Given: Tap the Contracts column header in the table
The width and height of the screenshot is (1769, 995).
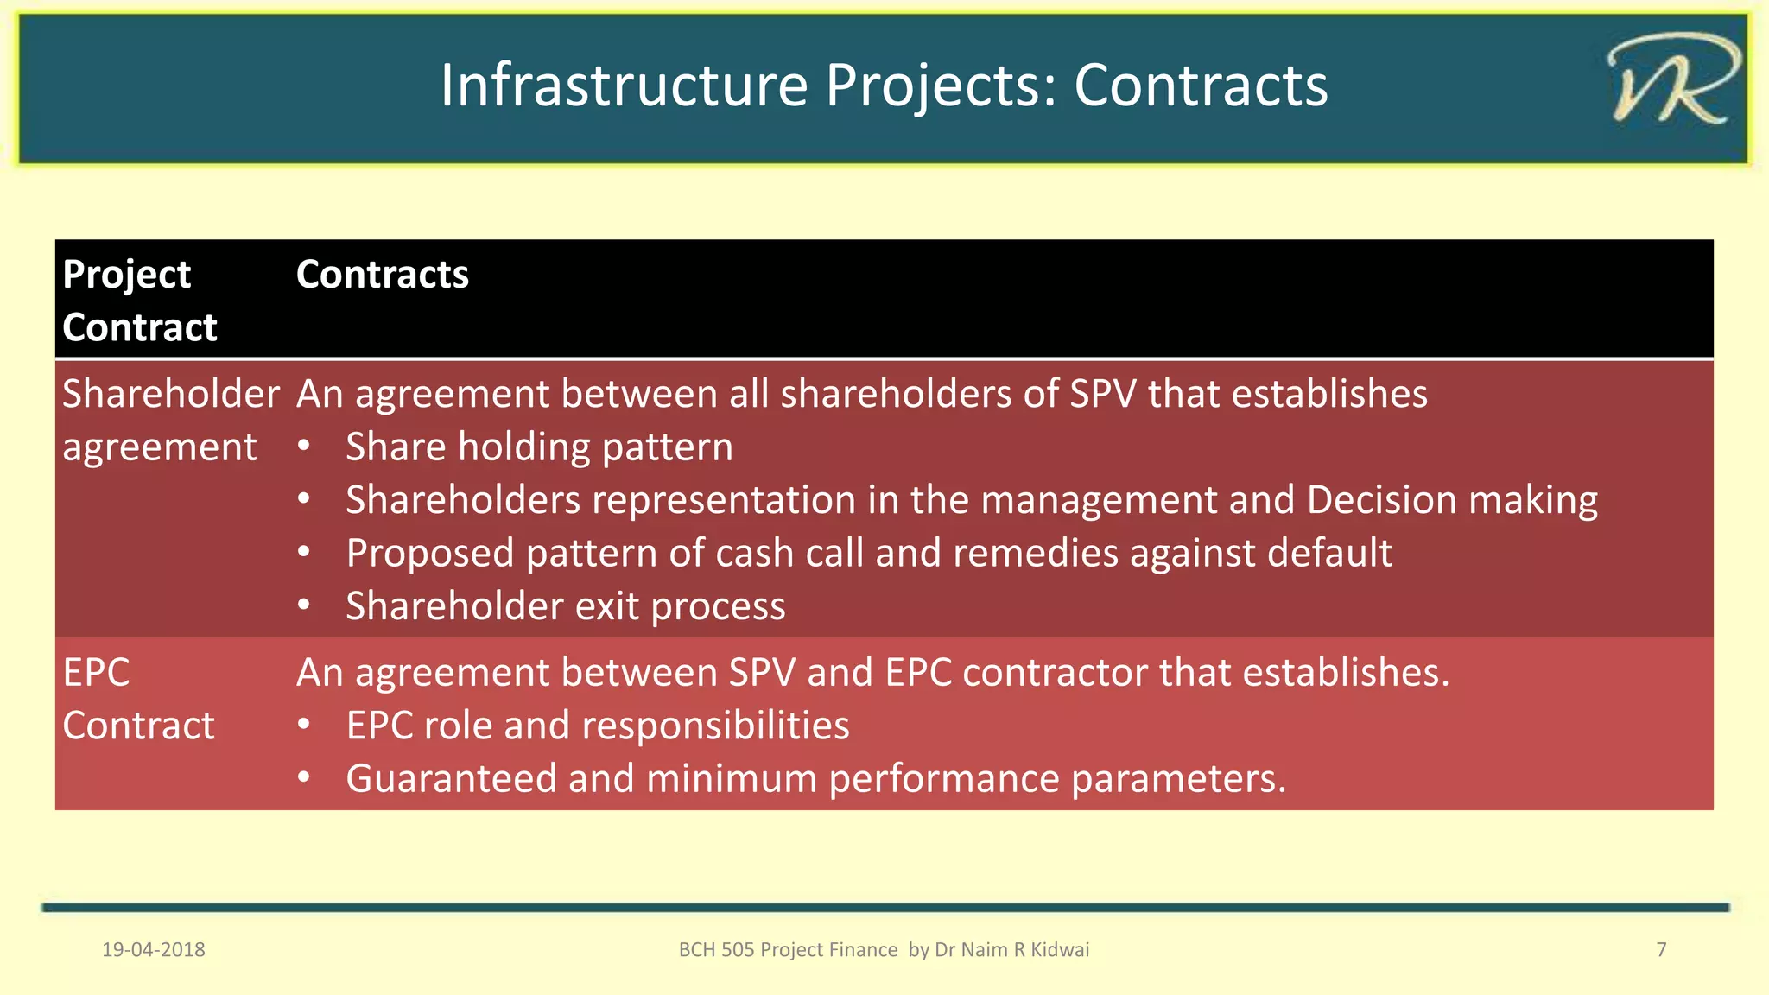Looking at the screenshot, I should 382,275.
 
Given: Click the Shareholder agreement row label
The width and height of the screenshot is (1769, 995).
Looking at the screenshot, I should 170,420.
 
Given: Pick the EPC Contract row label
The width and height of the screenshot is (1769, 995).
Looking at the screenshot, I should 137,699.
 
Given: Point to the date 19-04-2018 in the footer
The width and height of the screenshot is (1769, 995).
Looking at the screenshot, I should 154,950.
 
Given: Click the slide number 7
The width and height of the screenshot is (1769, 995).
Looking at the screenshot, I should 1661,950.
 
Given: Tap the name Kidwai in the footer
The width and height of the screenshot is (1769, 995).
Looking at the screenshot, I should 1060,950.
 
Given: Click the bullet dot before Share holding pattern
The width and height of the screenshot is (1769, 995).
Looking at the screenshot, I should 303,447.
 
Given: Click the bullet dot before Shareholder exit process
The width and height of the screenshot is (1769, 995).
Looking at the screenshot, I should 303,605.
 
